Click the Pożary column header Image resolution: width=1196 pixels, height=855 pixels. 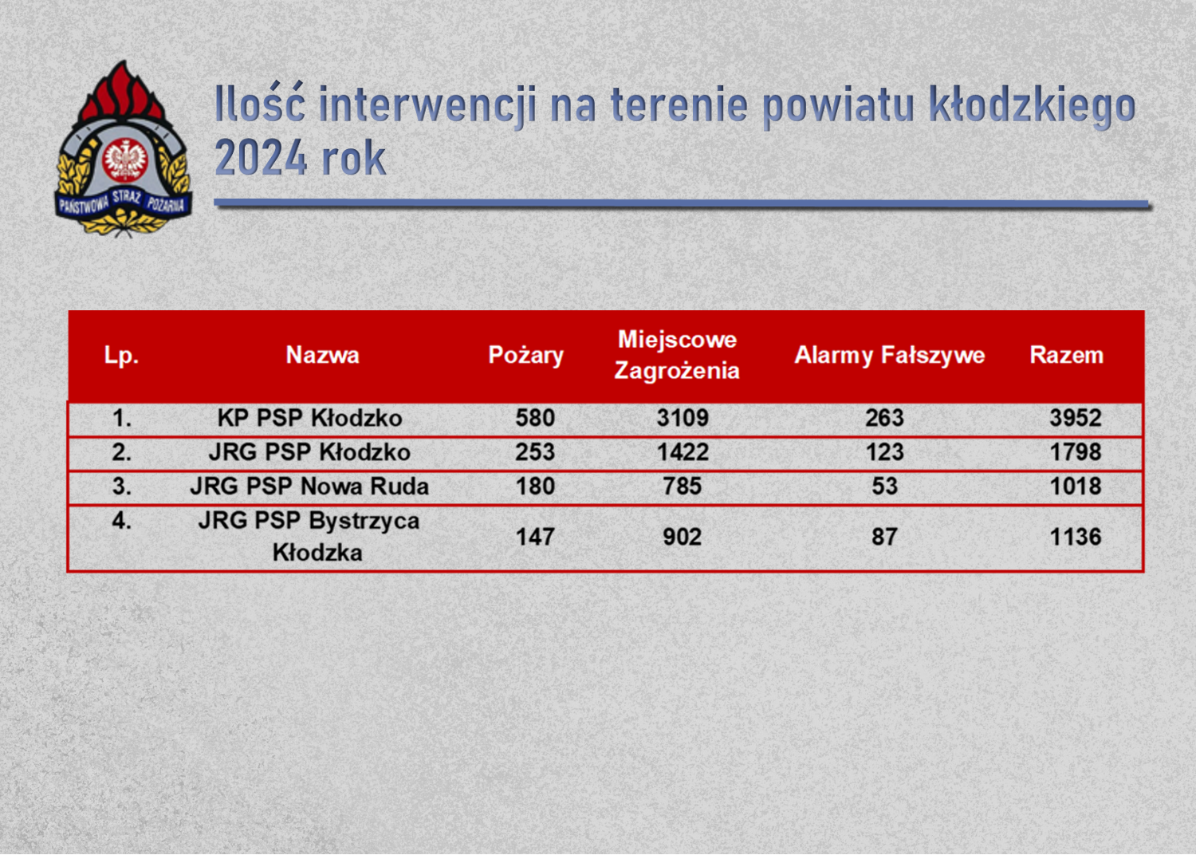[526, 356]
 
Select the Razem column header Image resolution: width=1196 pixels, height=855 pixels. [1066, 355]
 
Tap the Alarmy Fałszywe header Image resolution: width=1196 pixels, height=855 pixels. [890, 356]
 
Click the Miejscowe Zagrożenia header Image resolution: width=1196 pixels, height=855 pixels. [677, 355]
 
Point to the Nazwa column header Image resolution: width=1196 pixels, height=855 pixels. [322, 355]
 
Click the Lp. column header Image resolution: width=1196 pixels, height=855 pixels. [121, 356]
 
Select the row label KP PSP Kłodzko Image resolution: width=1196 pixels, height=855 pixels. [309, 418]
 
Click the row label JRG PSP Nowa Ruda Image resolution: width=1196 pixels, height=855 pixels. [309, 486]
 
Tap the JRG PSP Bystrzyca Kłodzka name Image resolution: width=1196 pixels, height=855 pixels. [309, 536]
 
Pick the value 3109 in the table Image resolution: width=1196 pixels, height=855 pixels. [683, 418]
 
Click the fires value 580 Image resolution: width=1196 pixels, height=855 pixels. [535, 418]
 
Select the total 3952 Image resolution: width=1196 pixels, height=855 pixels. [1076, 418]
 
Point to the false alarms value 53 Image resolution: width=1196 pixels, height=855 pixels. [885, 486]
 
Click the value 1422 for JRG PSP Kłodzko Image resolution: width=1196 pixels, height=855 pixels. [683, 451]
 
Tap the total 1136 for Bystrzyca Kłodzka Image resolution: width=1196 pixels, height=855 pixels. [1076, 537]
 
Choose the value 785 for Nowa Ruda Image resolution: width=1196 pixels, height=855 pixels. [683, 486]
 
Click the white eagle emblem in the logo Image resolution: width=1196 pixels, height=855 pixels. [125, 160]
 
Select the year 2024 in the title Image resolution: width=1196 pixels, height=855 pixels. [262, 157]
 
